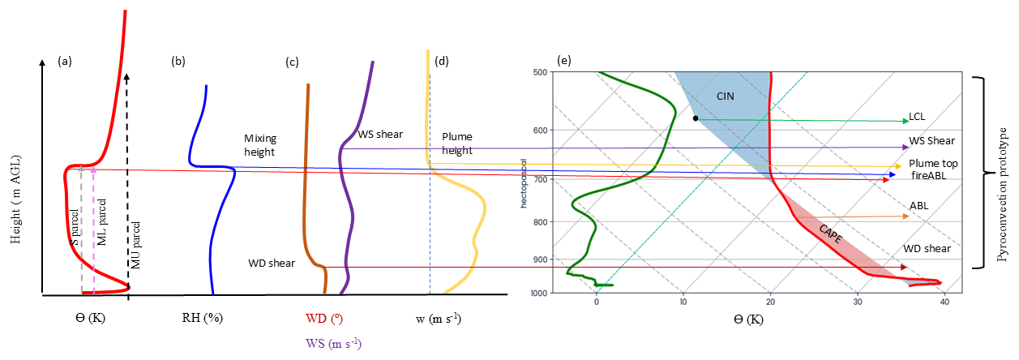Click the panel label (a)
[x=65, y=61]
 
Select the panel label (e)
[x=564, y=61]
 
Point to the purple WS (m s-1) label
[x=335, y=343]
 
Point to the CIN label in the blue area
[x=726, y=96]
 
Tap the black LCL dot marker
[x=696, y=118]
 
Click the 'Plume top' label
[x=933, y=163]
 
